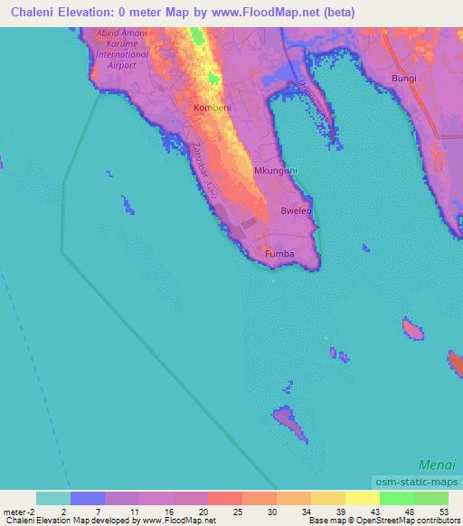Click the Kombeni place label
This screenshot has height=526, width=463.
pyautogui.click(x=212, y=108)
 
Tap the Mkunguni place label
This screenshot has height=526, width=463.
pyautogui.click(x=276, y=170)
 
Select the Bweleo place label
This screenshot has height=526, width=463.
pyautogui.click(x=296, y=211)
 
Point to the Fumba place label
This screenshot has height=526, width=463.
pyautogui.click(x=279, y=254)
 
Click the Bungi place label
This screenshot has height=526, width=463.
pyautogui.click(x=404, y=79)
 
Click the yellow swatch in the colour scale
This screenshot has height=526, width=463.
pyautogui.click(x=363, y=498)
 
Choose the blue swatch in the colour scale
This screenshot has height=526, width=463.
pyautogui.click(x=88, y=498)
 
